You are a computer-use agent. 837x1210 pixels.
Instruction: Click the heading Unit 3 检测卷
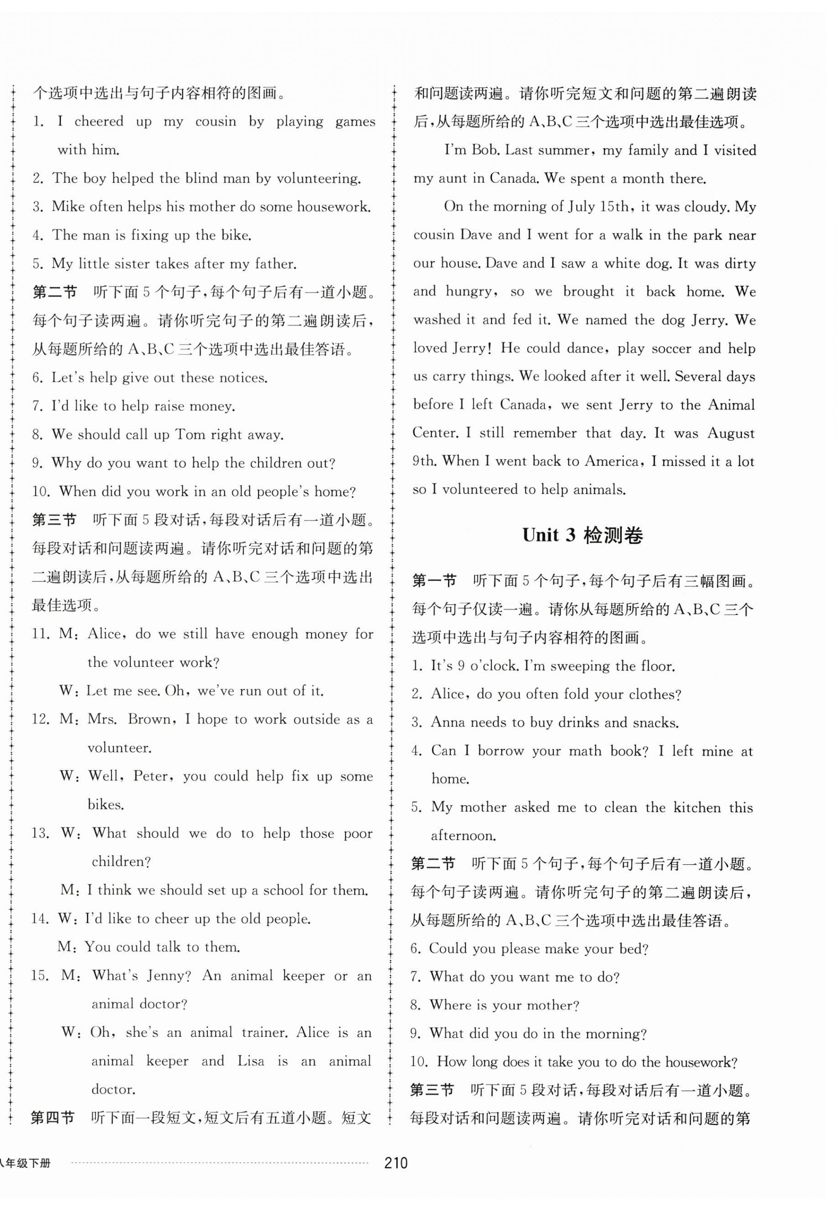tap(583, 535)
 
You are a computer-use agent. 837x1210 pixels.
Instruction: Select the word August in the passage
tap(731, 433)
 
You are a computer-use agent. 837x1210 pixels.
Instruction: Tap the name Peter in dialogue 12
tap(152, 776)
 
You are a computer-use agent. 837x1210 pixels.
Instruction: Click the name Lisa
tap(251, 1061)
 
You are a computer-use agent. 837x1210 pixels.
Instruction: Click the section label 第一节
tap(435, 580)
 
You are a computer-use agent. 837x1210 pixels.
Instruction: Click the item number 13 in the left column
tap(40, 833)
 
